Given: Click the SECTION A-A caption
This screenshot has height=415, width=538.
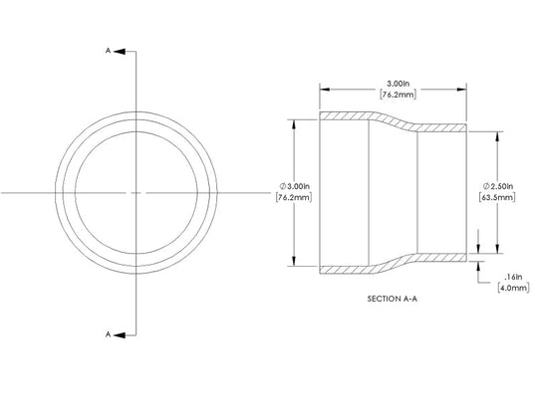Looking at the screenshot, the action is [393, 299].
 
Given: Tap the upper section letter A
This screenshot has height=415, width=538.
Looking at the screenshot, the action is [108, 51].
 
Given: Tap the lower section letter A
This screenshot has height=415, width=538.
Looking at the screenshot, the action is [108, 334].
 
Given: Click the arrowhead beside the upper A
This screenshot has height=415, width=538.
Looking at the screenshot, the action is [120, 52].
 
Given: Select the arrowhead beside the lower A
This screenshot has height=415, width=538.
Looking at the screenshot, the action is [120, 334].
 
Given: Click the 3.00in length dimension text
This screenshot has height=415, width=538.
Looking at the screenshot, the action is [399, 84].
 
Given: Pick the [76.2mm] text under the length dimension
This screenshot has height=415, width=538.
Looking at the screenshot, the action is [398, 95].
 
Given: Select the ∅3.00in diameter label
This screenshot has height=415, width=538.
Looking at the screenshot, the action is [295, 186].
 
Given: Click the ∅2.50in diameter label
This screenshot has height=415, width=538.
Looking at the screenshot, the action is [498, 186].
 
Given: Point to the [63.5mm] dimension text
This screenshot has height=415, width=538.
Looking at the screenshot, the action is [497, 197].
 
